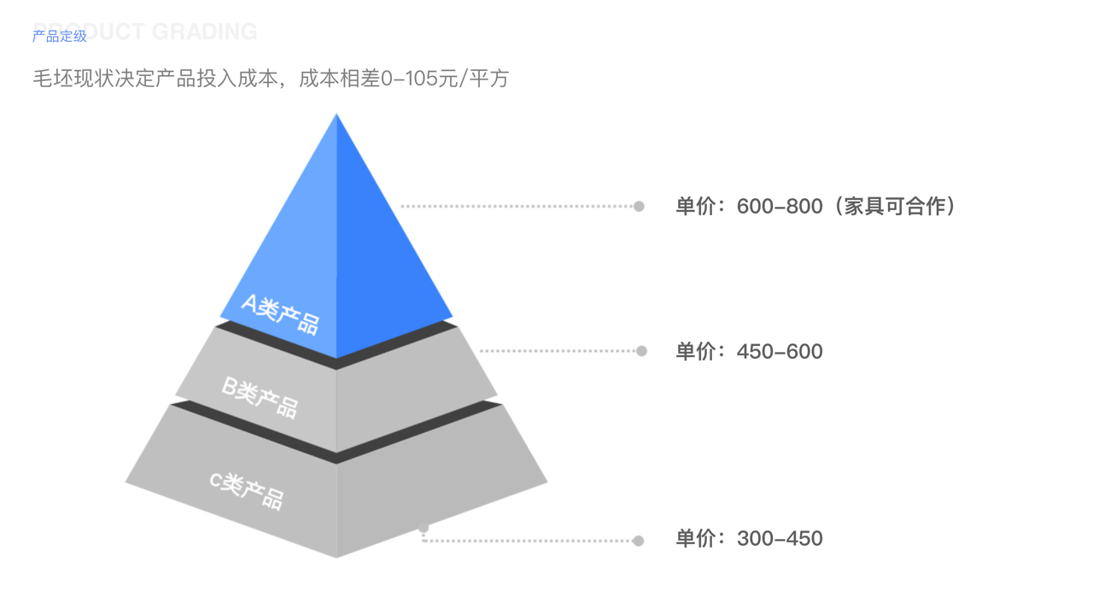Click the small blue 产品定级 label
[60, 37]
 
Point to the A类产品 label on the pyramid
[280, 313]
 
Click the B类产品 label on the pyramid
[260, 397]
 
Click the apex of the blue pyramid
[336, 116]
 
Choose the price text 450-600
[780, 351]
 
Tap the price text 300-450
[780, 539]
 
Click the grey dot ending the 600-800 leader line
[639, 206]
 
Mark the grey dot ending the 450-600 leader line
[641, 350]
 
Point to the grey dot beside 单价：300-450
[638, 541]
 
